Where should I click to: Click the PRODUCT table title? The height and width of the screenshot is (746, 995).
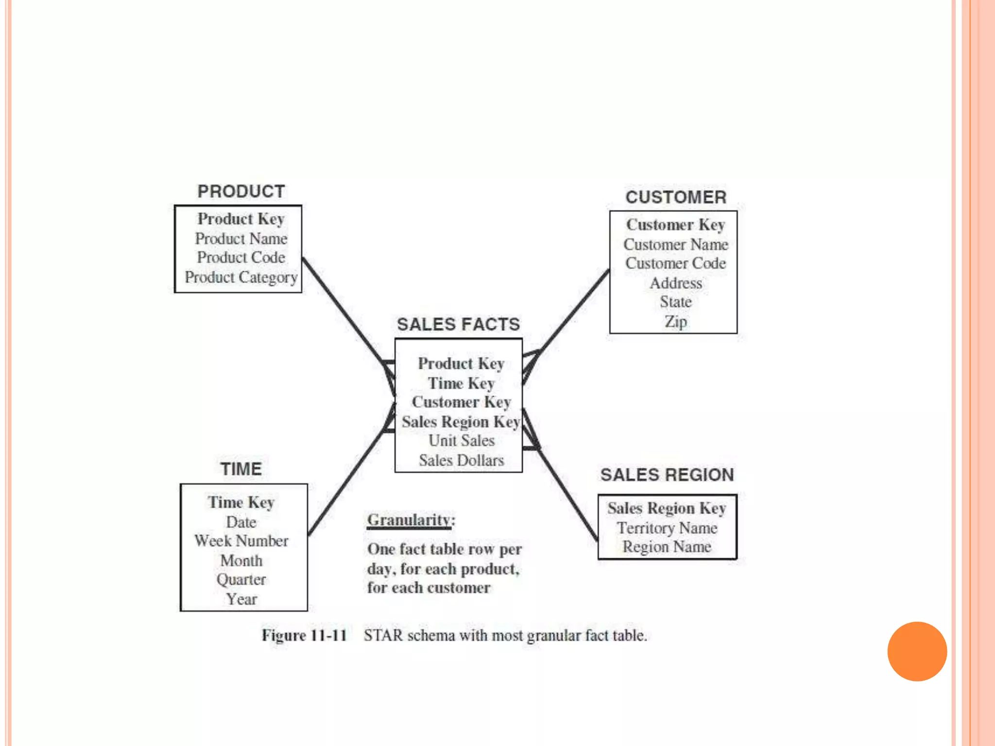tap(241, 191)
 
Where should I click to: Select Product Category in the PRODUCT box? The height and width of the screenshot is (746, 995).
tap(241, 277)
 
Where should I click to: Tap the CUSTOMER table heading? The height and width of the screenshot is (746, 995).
tap(676, 197)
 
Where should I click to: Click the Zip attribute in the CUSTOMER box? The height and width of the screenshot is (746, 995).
tap(675, 322)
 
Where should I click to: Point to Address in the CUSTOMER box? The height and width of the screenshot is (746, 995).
tap(676, 283)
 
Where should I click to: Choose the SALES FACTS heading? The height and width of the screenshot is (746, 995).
tap(458, 324)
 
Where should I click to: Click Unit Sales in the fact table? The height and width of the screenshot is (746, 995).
tap(461, 441)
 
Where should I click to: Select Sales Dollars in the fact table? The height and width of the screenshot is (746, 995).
tap(461, 460)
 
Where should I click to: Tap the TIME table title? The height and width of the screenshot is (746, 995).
tap(241, 469)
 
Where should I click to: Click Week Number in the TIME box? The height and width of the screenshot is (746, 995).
tap(241, 541)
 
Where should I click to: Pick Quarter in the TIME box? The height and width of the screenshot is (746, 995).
tap(241, 579)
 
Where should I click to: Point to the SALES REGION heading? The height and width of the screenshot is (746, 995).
tap(667, 475)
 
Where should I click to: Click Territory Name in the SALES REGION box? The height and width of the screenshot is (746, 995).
tap(667, 528)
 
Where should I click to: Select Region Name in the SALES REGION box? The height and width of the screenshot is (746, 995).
tap(667, 547)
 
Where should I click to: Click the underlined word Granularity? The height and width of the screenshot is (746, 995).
tap(409, 520)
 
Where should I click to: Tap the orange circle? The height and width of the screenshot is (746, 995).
tap(917, 651)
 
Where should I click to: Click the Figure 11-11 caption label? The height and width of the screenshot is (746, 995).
tap(304, 635)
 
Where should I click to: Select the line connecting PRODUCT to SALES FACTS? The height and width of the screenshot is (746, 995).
tap(343, 311)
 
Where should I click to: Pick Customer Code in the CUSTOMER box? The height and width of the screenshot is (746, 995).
tap(675, 263)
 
